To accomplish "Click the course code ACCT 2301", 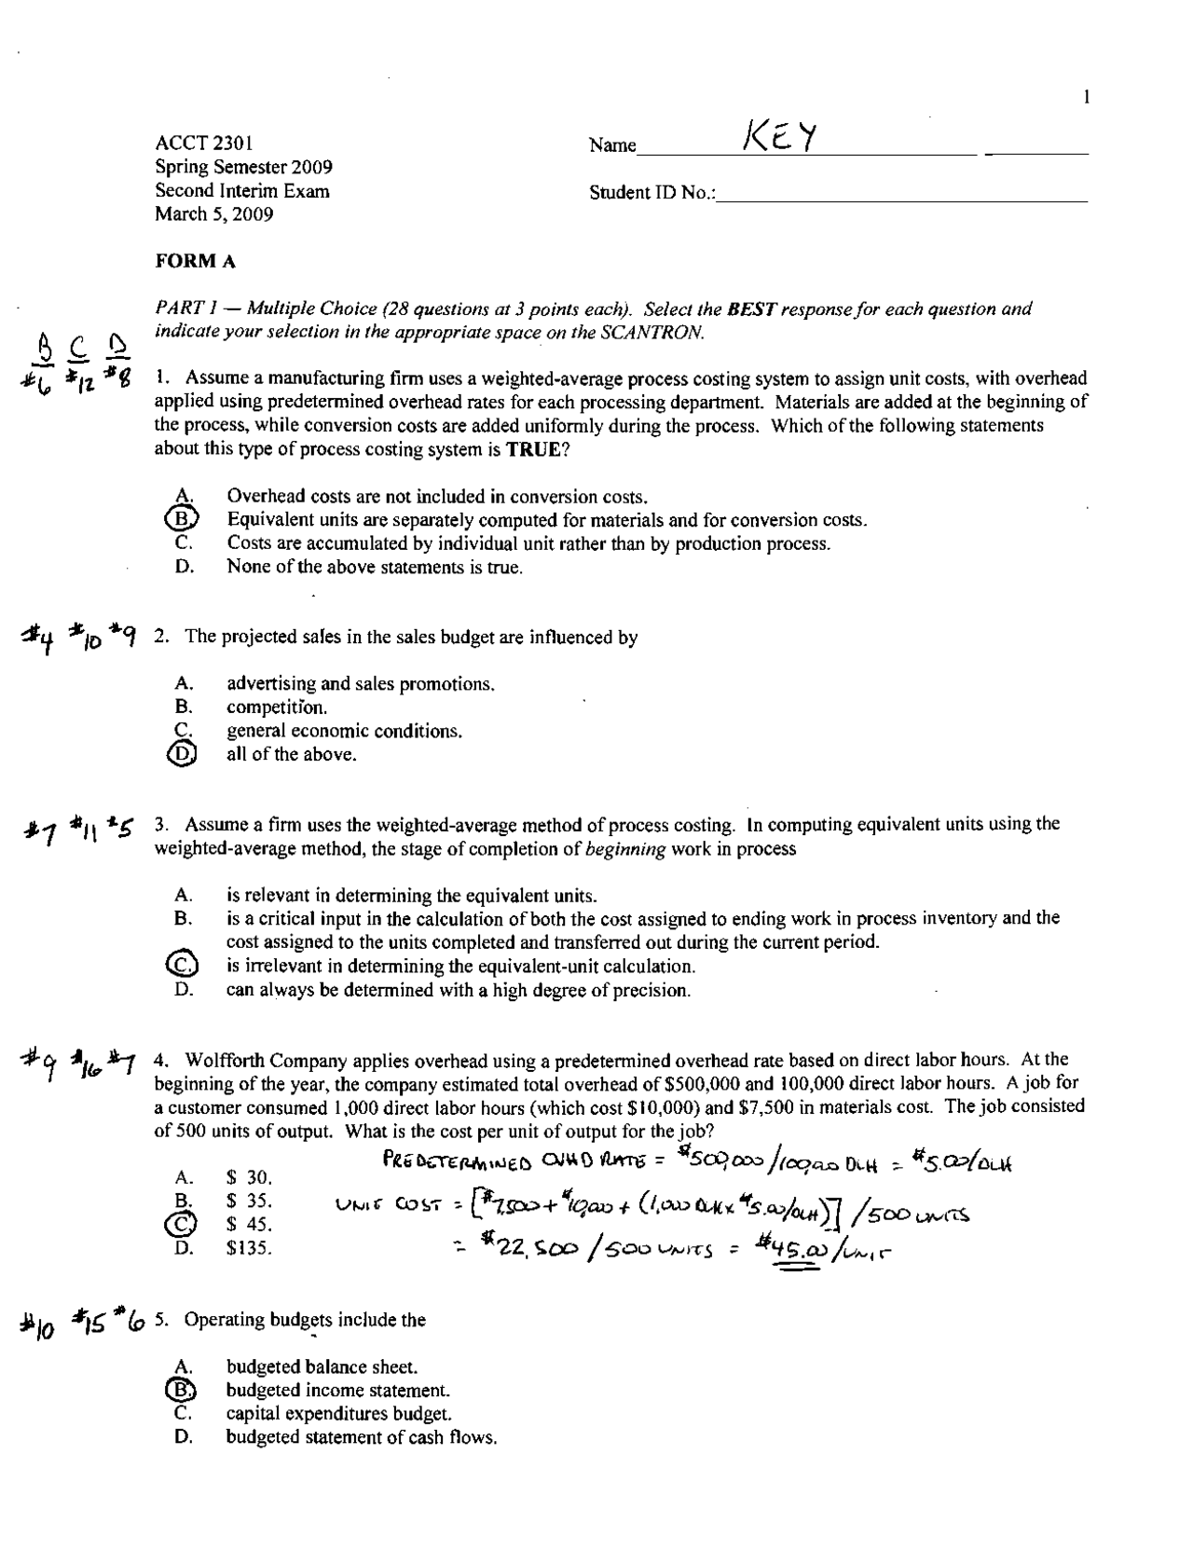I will point(204,144).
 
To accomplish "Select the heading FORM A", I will point(195,262).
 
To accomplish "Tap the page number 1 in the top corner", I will point(1086,97).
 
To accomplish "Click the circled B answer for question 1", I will point(182,520).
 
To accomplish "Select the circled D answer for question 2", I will point(182,755).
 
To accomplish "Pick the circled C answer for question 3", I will point(182,966).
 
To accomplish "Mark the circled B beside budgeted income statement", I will point(182,1390).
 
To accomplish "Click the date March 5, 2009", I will point(214,214).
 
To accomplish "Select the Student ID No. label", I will point(652,193).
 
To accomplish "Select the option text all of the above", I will point(291,755).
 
